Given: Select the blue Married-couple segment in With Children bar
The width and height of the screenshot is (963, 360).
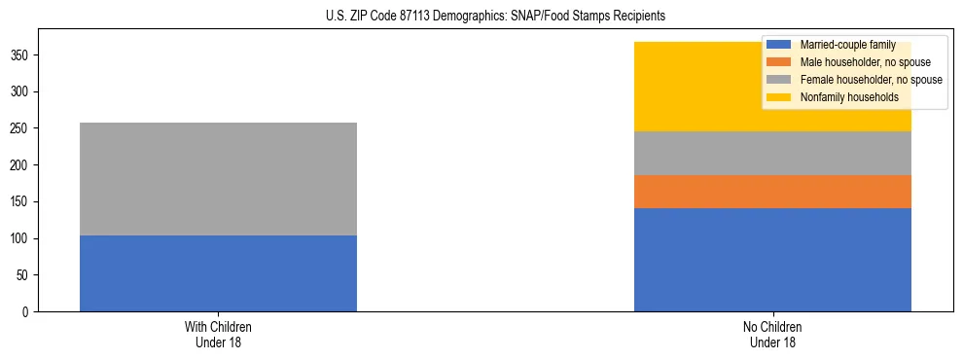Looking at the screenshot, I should point(218,273).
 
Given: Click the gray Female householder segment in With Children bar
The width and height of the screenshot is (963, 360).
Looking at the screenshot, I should point(218,179).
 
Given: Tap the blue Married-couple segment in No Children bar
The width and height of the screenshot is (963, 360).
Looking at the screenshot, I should point(772,260).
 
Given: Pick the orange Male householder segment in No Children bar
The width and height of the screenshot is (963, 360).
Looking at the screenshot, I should point(772,192).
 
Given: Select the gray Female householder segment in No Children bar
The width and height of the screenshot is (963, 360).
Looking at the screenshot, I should point(772,153).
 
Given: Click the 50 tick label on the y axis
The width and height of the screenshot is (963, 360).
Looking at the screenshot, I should point(24,275).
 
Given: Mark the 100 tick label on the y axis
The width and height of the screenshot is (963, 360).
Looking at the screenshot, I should point(21,238).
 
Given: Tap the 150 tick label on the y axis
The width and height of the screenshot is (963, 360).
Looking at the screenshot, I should point(21,202).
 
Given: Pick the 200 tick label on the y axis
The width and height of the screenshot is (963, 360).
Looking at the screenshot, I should point(21,165).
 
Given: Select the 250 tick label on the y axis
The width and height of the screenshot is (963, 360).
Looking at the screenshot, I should point(21,128).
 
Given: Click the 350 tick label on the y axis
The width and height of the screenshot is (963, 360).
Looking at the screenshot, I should point(21,55).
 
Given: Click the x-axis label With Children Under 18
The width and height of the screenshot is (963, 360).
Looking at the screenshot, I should point(218,335).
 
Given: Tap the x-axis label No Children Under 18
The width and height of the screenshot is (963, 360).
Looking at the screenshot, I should point(772,335).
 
